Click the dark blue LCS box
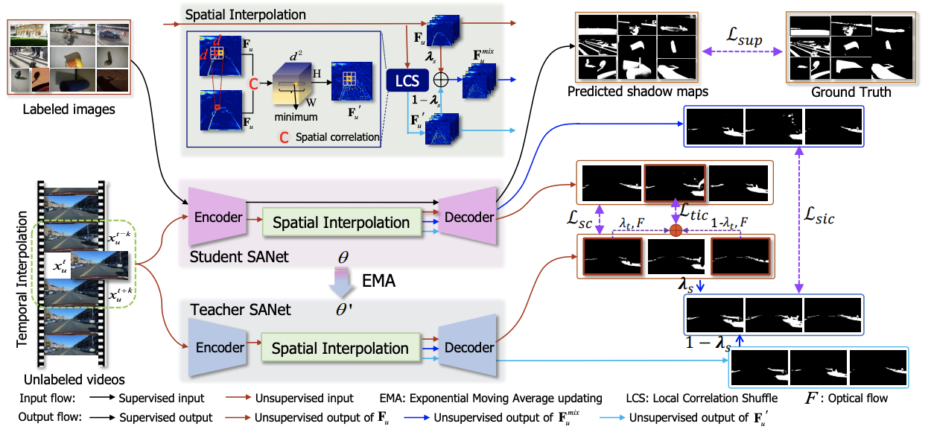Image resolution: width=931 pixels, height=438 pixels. coord(407,80)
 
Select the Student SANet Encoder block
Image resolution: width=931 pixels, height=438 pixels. coord(219,217)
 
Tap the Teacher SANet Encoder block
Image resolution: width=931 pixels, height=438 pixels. coord(219,347)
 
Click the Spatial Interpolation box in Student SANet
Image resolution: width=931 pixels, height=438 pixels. coord(341,222)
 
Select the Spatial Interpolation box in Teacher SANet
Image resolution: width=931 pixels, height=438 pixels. coord(341,348)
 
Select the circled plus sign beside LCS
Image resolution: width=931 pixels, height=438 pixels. coord(442,79)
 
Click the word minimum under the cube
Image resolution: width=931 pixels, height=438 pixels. coord(296,117)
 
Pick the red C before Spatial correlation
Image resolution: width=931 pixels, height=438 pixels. coord(284,137)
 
